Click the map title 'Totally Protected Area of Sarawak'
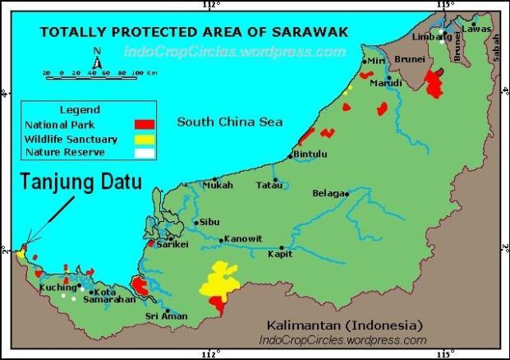194,33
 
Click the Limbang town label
426,38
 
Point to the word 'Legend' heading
80,109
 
